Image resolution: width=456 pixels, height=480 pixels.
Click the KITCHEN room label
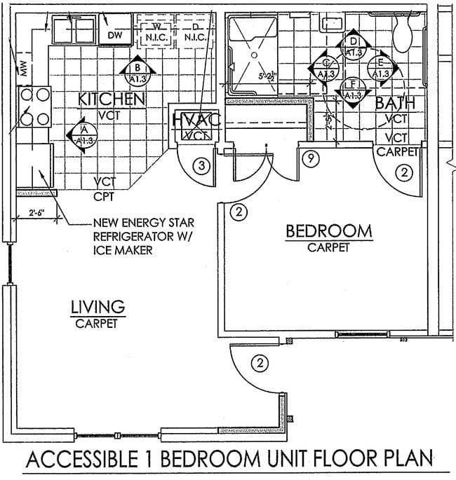pyautogui.click(x=112, y=99)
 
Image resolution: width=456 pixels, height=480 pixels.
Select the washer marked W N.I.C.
pyautogui.click(x=158, y=31)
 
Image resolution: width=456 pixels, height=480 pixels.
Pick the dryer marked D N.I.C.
pyautogui.click(x=195, y=31)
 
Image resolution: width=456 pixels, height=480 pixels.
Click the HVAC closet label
pyautogui.click(x=197, y=120)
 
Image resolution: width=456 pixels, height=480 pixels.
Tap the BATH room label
pyautogui.click(x=396, y=104)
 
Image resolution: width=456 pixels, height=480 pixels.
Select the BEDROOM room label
pyautogui.click(x=328, y=231)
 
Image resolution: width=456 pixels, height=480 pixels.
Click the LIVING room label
pyautogui.click(x=98, y=307)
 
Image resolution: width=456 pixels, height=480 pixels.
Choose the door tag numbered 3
pyautogui.click(x=201, y=166)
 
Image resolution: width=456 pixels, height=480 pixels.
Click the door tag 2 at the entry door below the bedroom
pyautogui.click(x=260, y=362)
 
